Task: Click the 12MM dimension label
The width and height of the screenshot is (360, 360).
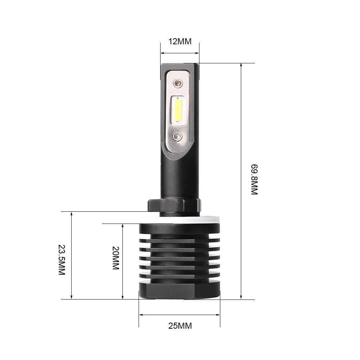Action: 180,41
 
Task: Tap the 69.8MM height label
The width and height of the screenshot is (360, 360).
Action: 254,180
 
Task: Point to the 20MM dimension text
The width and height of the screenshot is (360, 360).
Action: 116,258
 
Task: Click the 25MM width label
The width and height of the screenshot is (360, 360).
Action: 180,326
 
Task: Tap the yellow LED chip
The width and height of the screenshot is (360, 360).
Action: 178,110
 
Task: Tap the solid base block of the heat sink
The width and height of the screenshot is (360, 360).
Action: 179,290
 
